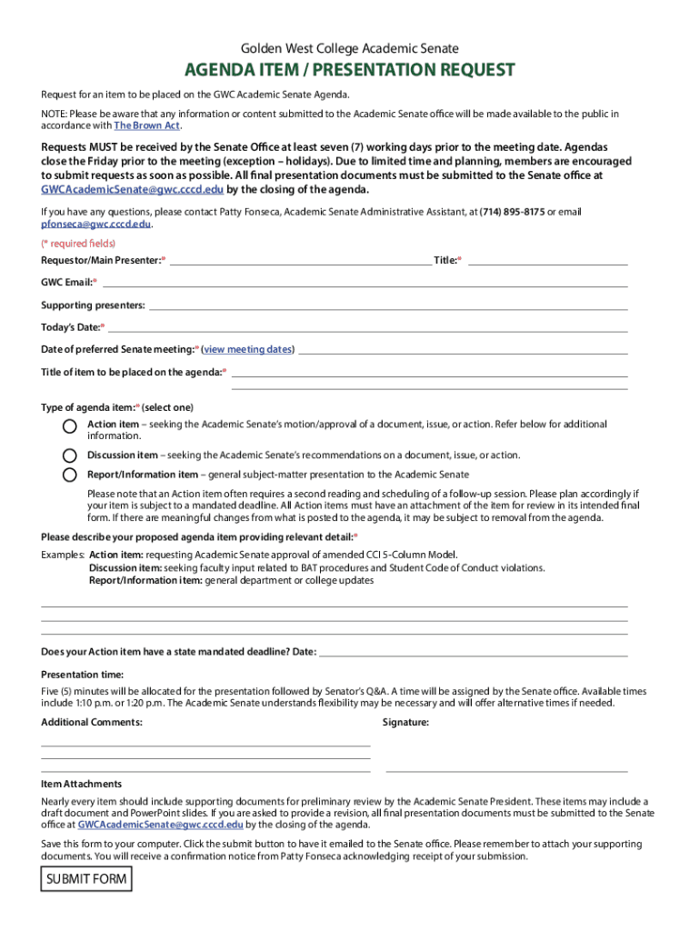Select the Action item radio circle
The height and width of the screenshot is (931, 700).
70,426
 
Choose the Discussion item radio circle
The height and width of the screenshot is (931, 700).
70,455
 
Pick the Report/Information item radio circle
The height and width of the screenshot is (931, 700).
70,475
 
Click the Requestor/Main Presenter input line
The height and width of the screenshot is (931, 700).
300,262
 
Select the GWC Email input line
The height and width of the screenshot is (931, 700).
364,285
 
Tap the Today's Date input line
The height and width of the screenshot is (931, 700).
367,328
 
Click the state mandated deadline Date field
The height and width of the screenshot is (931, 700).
473,653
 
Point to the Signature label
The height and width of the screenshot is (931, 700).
405,723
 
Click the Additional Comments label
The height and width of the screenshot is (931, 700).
92,723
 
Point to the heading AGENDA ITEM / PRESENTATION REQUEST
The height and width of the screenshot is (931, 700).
350,70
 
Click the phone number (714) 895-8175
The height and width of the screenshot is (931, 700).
512,212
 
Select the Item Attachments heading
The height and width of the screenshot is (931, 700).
82,784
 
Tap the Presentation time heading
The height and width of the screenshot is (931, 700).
83,675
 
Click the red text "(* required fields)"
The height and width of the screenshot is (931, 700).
78,244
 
